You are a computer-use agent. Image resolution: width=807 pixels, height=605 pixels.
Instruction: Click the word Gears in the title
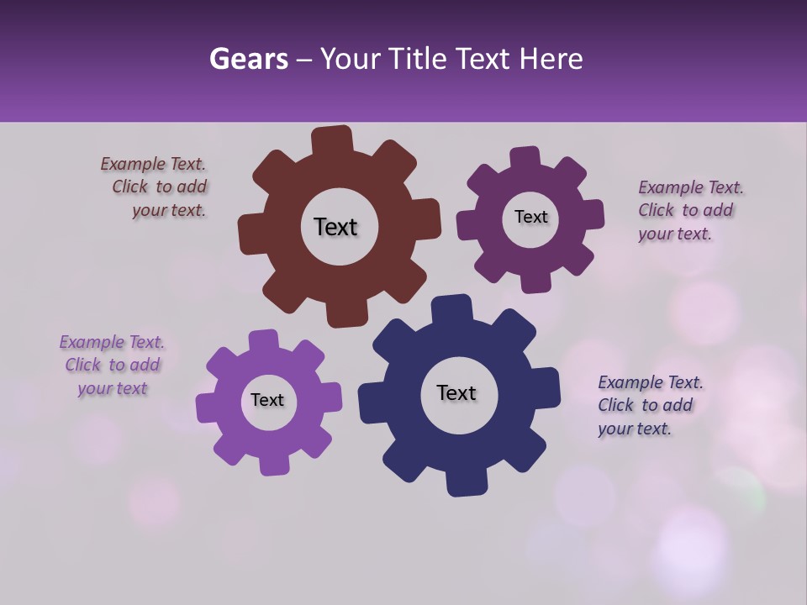pos(248,59)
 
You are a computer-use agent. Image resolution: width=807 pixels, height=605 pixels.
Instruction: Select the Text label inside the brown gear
pos(335,227)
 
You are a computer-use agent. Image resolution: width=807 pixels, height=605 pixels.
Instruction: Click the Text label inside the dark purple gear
pos(530,217)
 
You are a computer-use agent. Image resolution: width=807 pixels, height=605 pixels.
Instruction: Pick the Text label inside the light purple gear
pos(267,400)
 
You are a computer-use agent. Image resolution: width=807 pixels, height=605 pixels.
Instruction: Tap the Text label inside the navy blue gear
pos(456,393)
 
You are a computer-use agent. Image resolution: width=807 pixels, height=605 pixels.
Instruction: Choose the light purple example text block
pos(113,366)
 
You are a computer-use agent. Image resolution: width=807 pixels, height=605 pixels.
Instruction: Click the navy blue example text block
pos(649,405)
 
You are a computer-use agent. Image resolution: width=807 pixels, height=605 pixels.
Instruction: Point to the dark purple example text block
pos(689,210)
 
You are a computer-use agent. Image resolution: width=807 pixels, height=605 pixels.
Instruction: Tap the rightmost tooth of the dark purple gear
pos(592,213)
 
